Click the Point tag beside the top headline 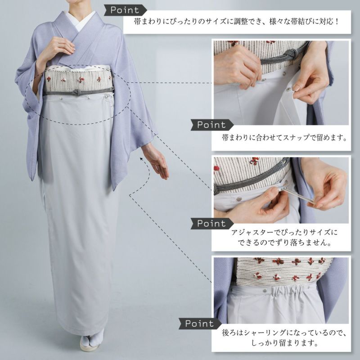[x=125, y=10]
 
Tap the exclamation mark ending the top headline [x=337, y=22]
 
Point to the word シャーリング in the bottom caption [x=265, y=333]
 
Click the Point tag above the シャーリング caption [x=200, y=324]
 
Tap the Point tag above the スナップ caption [x=212, y=125]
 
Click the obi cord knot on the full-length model [x=76, y=92]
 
